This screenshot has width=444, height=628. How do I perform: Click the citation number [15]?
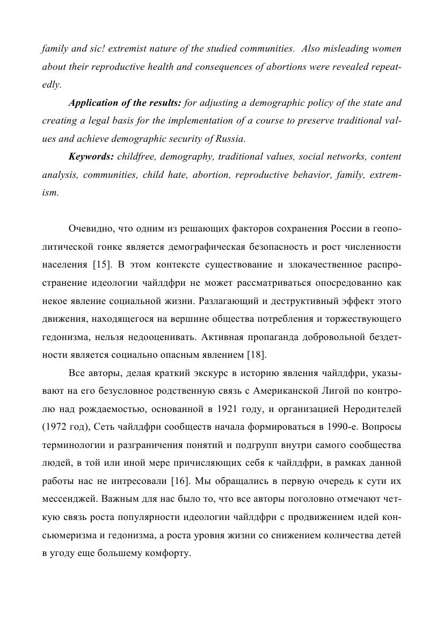(x=101, y=264)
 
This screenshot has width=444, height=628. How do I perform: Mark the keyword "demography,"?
(x=184, y=157)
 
